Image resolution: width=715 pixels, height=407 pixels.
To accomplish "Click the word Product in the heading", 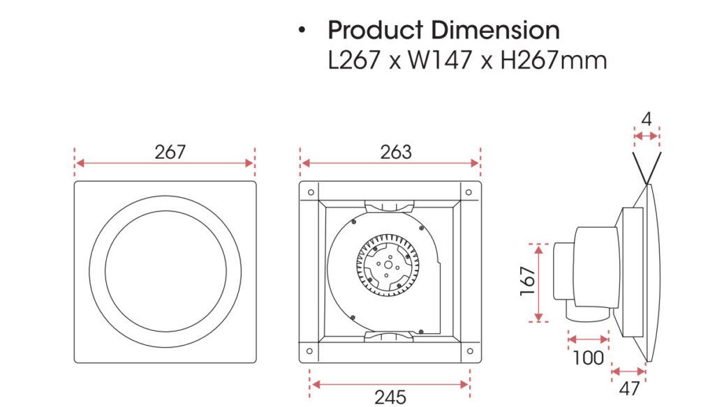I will click(x=375, y=31).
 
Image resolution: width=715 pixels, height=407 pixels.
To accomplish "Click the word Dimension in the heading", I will click(x=495, y=31).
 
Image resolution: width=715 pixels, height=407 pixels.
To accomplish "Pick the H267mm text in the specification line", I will click(x=553, y=60).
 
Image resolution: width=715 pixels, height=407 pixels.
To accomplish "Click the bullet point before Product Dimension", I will click(x=302, y=31).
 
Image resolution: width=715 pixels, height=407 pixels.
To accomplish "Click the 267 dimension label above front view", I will click(x=170, y=152).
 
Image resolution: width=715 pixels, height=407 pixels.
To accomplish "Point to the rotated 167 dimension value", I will click(x=528, y=282).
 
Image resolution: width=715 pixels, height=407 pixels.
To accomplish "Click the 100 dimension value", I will click(x=588, y=358).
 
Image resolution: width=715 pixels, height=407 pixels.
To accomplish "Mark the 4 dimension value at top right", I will click(x=647, y=119).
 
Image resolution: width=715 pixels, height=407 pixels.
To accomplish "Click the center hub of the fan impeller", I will click(x=387, y=265).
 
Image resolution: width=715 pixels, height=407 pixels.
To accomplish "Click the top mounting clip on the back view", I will click(x=390, y=204).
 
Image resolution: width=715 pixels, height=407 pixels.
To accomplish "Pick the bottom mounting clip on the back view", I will click(x=390, y=338).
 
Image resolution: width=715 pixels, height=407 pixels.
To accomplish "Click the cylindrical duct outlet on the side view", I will click(x=563, y=270).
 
